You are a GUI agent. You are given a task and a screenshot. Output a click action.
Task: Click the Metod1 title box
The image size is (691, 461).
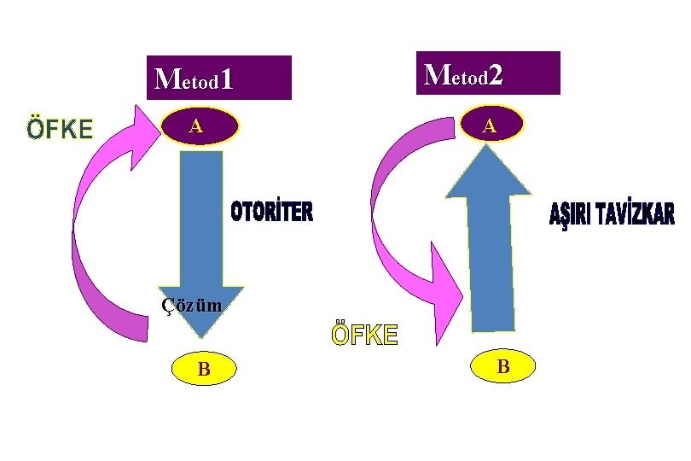click(218, 78)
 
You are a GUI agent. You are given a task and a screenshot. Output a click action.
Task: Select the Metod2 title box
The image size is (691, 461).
click(487, 73)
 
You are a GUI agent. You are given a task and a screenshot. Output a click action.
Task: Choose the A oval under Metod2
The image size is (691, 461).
click(489, 125)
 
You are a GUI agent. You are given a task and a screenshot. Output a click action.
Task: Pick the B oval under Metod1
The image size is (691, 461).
click(204, 369)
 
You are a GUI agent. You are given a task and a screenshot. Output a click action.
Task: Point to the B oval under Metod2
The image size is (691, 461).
click(503, 366)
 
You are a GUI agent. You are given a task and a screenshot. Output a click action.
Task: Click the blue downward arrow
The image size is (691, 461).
click(201, 230)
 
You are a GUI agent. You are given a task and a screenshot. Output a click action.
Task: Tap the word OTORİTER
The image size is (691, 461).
click(272, 213)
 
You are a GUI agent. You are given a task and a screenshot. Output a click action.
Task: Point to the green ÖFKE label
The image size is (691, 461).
click(59, 129)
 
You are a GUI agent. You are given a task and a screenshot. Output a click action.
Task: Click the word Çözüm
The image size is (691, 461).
click(192, 305)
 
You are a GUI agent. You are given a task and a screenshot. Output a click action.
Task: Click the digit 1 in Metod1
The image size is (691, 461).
click(226, 80)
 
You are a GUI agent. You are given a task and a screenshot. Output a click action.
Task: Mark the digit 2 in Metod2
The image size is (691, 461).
click(496, 75)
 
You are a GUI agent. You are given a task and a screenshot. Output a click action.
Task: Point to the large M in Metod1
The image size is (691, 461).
click(165, 79)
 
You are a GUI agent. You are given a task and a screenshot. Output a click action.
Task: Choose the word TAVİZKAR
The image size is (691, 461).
click(636, 215)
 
